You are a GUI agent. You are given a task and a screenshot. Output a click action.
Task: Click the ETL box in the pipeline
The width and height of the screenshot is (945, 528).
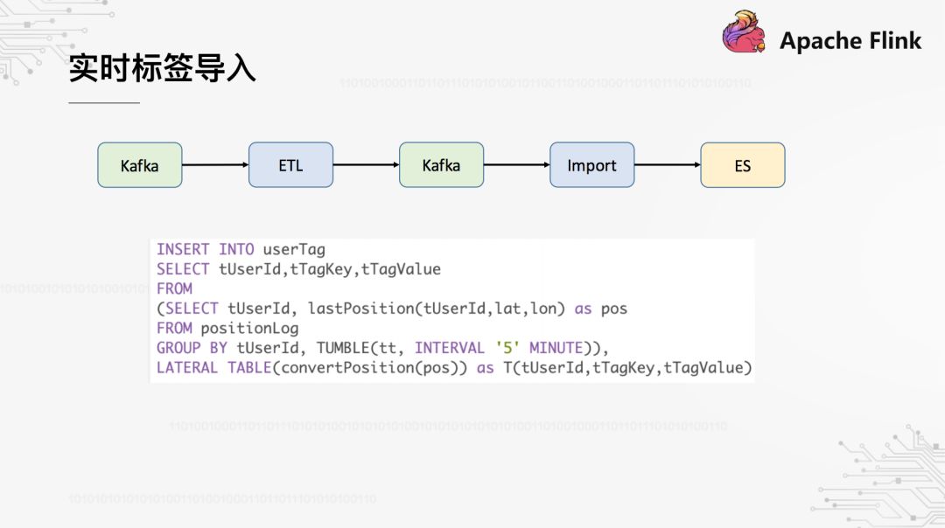click(x=290, y=165)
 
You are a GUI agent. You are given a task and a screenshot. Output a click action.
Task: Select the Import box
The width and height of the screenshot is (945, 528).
click(x=591, y=165)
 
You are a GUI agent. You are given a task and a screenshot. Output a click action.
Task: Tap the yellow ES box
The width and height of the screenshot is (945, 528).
click(x=742, y=165)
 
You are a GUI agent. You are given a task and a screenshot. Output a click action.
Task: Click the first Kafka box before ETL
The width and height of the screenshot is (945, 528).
click(x=139, y=165)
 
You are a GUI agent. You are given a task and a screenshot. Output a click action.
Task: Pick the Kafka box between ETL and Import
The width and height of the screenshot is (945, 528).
click(x=441, y=165)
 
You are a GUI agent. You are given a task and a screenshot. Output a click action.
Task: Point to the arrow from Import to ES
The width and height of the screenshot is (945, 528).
click(x=667, y=165)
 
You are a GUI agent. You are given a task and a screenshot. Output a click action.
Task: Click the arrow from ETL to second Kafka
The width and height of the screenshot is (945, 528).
click(x=366, y=165)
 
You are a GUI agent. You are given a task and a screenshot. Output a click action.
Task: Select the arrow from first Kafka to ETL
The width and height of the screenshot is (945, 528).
click(x=215, y=165)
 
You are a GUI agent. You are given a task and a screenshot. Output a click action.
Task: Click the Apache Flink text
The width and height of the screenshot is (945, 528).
click(x=850, y=40)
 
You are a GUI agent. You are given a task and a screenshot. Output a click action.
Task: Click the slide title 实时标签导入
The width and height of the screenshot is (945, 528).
click(x=162, y=69)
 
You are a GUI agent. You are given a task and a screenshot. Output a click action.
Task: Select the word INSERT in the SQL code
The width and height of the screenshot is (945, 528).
click(x=184, y=250)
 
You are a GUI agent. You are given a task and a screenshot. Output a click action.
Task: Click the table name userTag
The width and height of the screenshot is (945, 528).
click(x=294, y=250)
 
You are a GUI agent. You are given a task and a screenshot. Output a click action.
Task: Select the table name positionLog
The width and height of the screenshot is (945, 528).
click(x=249, y=329)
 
